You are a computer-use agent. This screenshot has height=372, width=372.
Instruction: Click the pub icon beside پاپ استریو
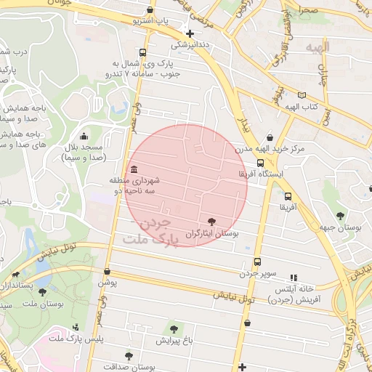[150, 10]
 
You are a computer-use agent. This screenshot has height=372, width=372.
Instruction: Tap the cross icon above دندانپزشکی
[190, 33]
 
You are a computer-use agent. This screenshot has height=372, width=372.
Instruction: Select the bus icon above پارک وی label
[142, 53]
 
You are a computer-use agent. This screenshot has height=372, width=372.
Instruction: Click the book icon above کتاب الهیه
[302, 95]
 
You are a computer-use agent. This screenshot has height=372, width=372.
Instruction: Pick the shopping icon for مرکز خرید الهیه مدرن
[270, 137]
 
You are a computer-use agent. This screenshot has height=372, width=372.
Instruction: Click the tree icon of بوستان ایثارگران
[211, 222]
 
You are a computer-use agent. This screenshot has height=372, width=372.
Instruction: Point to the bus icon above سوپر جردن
[257, 262]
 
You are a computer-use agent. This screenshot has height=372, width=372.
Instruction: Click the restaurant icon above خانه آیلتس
[294, 278]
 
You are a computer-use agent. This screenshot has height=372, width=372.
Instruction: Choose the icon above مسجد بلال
[84, 136]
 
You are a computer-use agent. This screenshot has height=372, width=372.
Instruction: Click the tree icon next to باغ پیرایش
[173, 329]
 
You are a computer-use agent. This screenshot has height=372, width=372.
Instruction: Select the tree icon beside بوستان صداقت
[129, 356]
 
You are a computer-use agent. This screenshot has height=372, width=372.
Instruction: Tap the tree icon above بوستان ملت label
[42, 292]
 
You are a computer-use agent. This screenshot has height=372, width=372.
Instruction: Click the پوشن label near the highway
[108, 281]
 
